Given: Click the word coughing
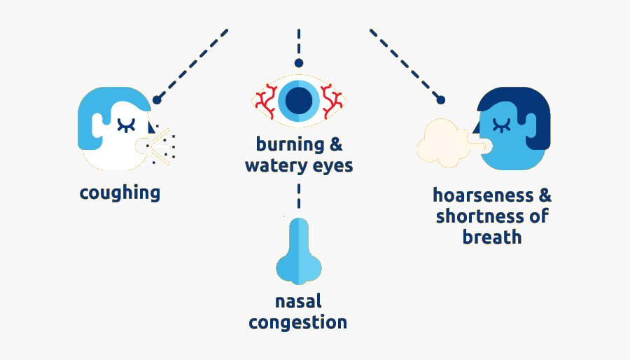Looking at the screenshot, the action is pos(120,193).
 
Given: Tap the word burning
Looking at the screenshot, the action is pos(290,145).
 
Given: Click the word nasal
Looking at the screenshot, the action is pos(298,301).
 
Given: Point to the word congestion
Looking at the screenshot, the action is pos(297,323).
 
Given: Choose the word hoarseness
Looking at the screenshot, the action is pos(483,195).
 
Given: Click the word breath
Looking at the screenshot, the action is pos(492,237).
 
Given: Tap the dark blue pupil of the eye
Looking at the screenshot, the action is pos(299,100).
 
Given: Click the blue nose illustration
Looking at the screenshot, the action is pos(298,251).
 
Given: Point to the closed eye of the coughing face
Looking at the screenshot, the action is pos(126,125).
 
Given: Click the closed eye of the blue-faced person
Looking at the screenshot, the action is pos(501,125).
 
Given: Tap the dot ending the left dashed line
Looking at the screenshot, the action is pos(157,99).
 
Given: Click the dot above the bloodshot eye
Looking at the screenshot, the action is pos(298,63).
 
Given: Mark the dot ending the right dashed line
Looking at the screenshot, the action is pos(441,99).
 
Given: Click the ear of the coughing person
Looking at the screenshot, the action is pos(97,125).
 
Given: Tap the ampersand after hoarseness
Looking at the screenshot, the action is pos(545,195).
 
